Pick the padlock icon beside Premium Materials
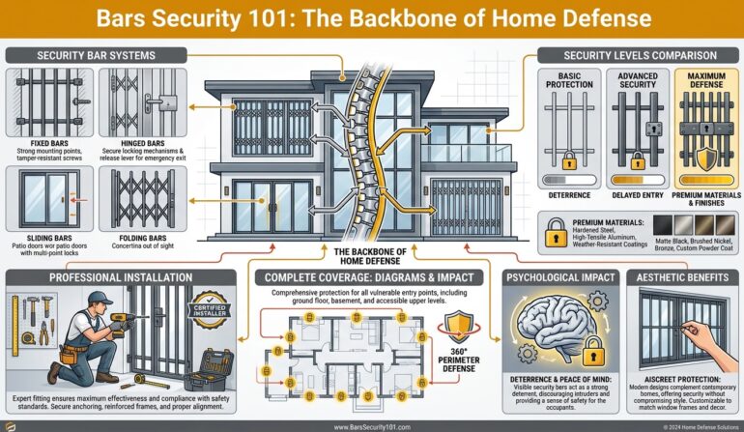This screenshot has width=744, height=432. coord(557,232)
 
